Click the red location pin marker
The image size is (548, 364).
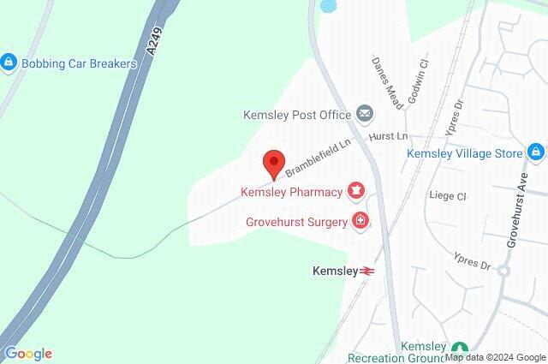click(273, 163)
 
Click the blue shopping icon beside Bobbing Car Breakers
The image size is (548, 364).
click(9, 62)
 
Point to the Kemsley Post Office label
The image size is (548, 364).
click(297, 114)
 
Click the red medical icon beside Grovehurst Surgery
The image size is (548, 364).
click(360, 222)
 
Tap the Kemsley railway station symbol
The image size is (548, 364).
click(367, 271)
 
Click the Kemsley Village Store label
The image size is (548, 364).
click(463, 153)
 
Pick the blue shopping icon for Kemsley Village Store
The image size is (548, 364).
click(536, 152)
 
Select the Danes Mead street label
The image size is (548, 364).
click(382, 75)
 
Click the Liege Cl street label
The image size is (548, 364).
click(448, 195)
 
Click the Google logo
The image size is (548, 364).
click(28, 353)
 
